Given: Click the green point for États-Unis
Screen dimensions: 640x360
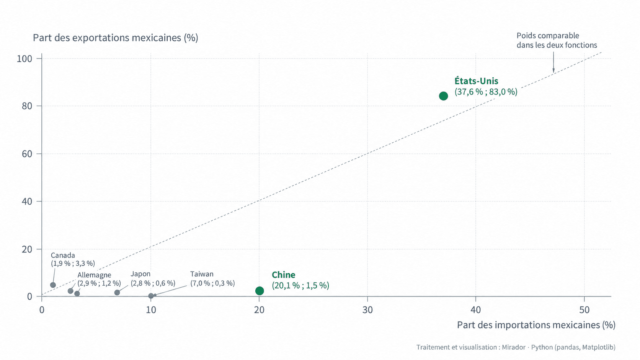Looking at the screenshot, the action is [443, 96].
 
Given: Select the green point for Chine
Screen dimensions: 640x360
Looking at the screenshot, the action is [260, 291].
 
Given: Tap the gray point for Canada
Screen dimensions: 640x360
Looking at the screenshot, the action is [53, 285].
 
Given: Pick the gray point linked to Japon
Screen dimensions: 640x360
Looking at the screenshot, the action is [117, 293].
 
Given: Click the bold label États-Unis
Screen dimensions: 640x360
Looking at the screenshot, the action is [476, 81].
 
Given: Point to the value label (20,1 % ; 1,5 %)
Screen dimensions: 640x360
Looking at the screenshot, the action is [300, 285].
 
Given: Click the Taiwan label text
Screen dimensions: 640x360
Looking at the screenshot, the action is [202, 274].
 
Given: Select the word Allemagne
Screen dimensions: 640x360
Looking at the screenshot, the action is [94, 275].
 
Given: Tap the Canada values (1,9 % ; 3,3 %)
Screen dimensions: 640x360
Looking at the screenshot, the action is [73, 264].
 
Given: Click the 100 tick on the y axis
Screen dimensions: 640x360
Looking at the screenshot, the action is [24, 59].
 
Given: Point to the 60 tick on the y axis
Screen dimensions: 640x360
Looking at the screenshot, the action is [27, 154].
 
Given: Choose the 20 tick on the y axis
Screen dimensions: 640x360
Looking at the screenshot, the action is [27, 249].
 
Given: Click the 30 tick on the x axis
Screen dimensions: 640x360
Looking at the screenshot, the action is [367, 310].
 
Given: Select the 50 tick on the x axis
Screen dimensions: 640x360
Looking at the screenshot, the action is [584, 310].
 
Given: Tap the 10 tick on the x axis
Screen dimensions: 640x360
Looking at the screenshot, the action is [151, 310].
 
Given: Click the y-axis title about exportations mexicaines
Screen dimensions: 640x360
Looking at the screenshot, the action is [116, 38].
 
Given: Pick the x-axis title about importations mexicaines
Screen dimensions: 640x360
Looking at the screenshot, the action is [536, 325].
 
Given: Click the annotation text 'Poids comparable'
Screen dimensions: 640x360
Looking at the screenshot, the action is [548, 36].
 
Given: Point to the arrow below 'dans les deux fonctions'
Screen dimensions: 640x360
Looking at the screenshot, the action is [553, 62].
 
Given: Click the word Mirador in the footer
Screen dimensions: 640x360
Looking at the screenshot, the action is [514, 347].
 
